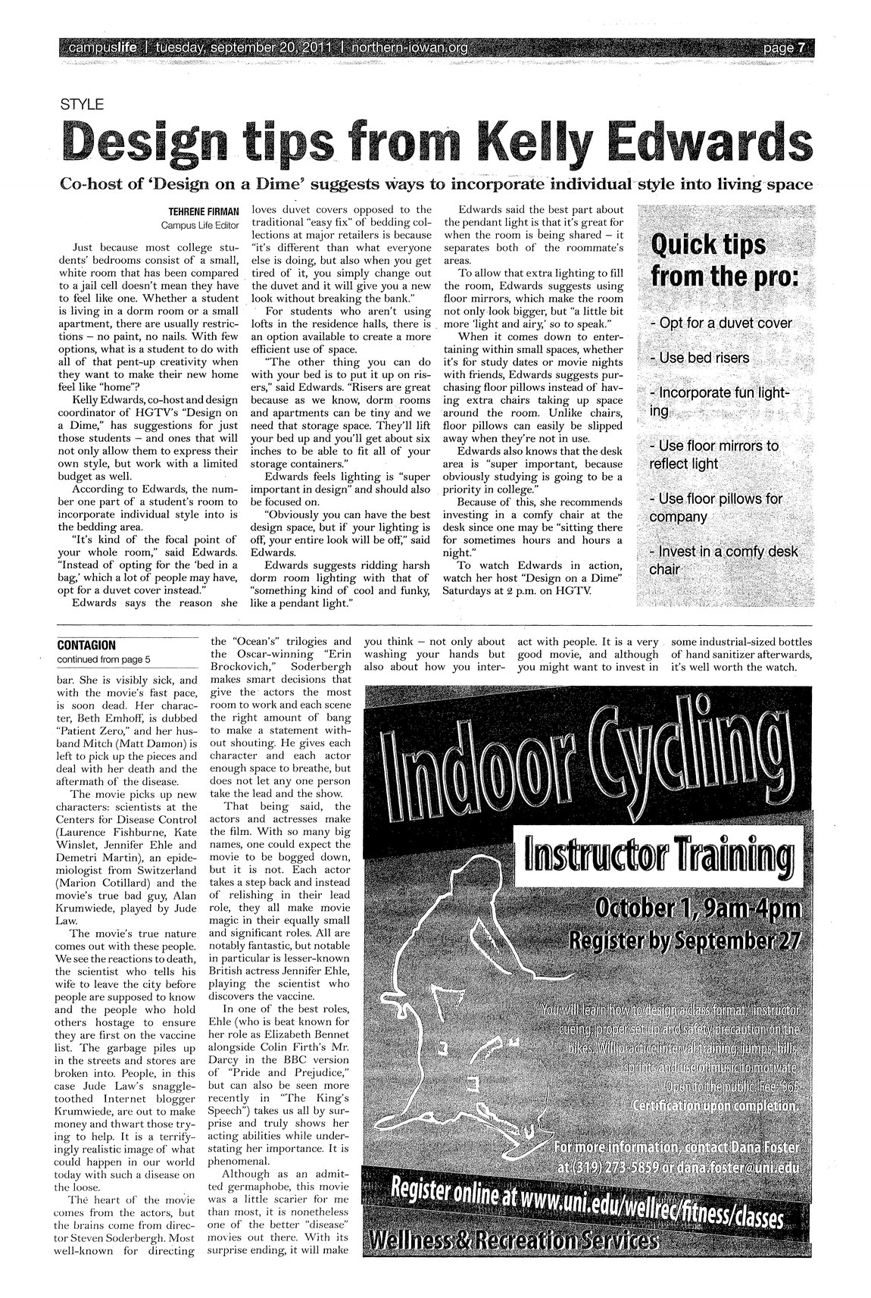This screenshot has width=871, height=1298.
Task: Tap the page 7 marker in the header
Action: [783, 48]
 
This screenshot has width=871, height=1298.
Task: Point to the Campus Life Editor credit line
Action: [199, 225]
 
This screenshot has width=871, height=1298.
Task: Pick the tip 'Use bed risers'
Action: [700, 358]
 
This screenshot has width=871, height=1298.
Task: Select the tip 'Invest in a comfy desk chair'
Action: [723, 560]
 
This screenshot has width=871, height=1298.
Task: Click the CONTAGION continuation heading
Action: [86, 646]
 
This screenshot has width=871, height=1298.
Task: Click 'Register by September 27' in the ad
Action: [685, 941]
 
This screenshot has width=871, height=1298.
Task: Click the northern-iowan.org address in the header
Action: [410, 48]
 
